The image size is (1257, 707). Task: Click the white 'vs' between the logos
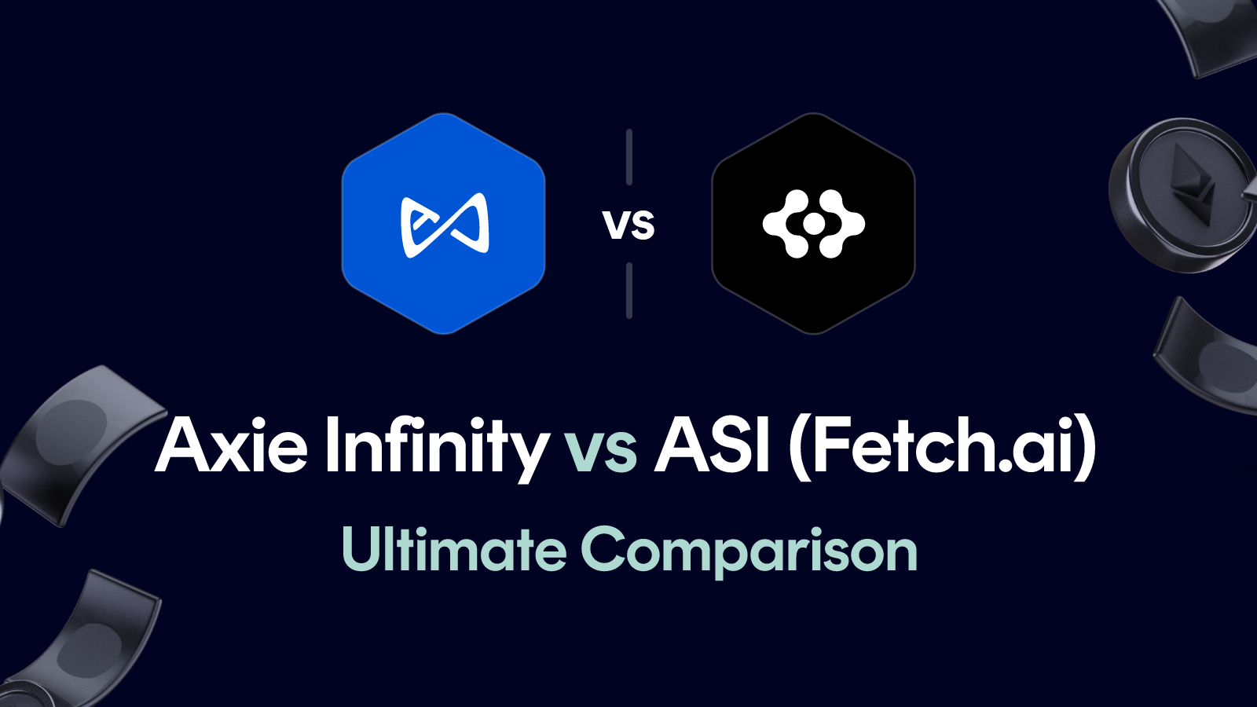628,225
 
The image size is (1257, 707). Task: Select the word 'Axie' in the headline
232,445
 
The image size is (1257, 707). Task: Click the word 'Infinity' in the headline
437,445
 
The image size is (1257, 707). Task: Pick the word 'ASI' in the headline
712,445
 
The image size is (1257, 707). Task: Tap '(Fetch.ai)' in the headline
942,445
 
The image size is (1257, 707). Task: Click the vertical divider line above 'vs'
629,157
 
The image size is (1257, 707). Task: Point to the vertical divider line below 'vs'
629,291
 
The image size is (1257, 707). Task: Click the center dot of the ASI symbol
814,225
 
